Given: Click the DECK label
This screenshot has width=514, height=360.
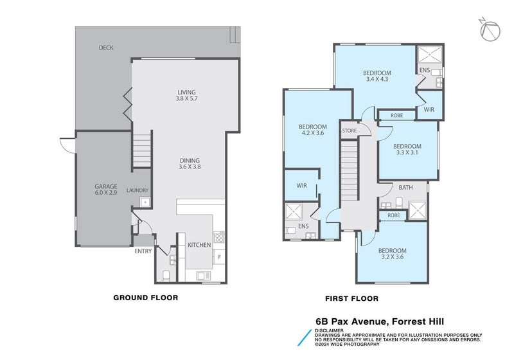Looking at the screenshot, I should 107,48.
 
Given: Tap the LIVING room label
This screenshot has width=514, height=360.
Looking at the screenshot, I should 186,96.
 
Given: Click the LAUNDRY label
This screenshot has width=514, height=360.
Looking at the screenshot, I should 137,190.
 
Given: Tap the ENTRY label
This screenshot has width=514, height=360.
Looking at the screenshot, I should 143,251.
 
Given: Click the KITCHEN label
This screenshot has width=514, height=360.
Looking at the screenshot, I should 199,245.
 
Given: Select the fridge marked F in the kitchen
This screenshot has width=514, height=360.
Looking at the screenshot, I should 219,258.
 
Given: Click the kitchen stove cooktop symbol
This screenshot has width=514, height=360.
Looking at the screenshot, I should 218,237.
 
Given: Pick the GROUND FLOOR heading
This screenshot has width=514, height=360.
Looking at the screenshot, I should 145,298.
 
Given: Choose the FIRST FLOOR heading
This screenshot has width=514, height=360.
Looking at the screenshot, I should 352,298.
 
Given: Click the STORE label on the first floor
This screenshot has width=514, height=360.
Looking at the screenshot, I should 350,131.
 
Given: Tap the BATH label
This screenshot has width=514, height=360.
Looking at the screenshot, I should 405,188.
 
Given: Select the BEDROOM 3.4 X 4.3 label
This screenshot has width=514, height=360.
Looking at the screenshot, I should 377,76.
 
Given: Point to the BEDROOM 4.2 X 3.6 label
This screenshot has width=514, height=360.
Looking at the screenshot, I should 313,130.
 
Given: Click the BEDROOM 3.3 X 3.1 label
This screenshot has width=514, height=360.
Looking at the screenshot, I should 407,150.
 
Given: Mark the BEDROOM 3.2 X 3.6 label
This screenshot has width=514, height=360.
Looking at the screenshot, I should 392,254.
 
